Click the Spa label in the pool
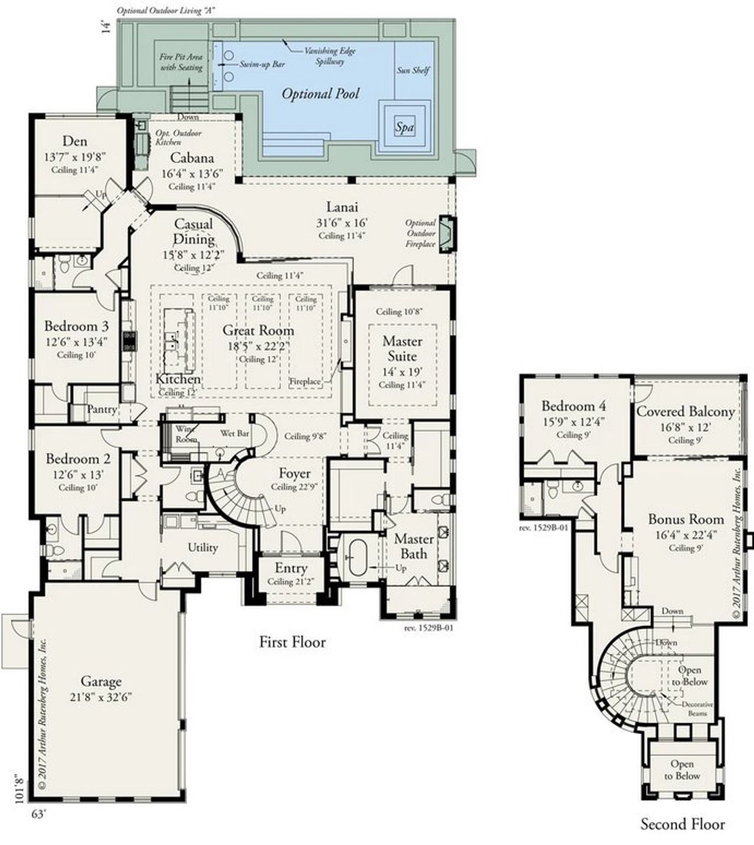(x=404, y=127)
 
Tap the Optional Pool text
(x=320, y=94)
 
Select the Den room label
(x=74, y=141)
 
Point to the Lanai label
(x=342, y=207)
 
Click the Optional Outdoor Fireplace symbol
(x=448, y=234)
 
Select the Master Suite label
(x=402, y=349)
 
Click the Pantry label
(x=101, y=409)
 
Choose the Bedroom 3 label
(x=76, y=326)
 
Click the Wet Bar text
(x=234, y=434)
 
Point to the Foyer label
(x=295, y=473)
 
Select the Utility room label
(x=203, y=547)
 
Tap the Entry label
(x=291, y=568)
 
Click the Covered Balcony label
(x=685, y=411)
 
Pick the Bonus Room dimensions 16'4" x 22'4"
(x=686, y=534)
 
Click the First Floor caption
(x=292, y=642)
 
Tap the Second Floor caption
(x=683, y=824)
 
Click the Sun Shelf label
(x=413, y=70)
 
